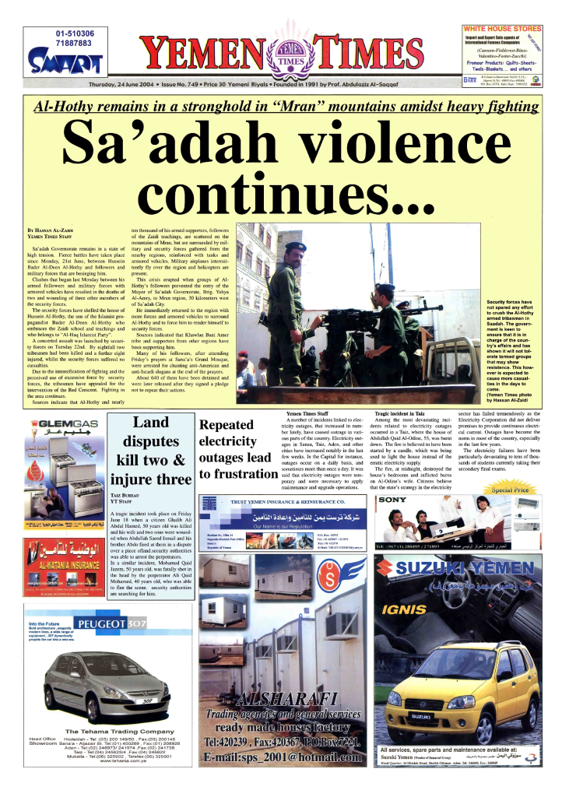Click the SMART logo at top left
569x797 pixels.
pyautogui.click(x=65, y=59)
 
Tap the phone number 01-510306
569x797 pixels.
pyautogui.click(x=75, y=33)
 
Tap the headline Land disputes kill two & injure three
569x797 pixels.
pyautogui.click(x=150, y=451)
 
